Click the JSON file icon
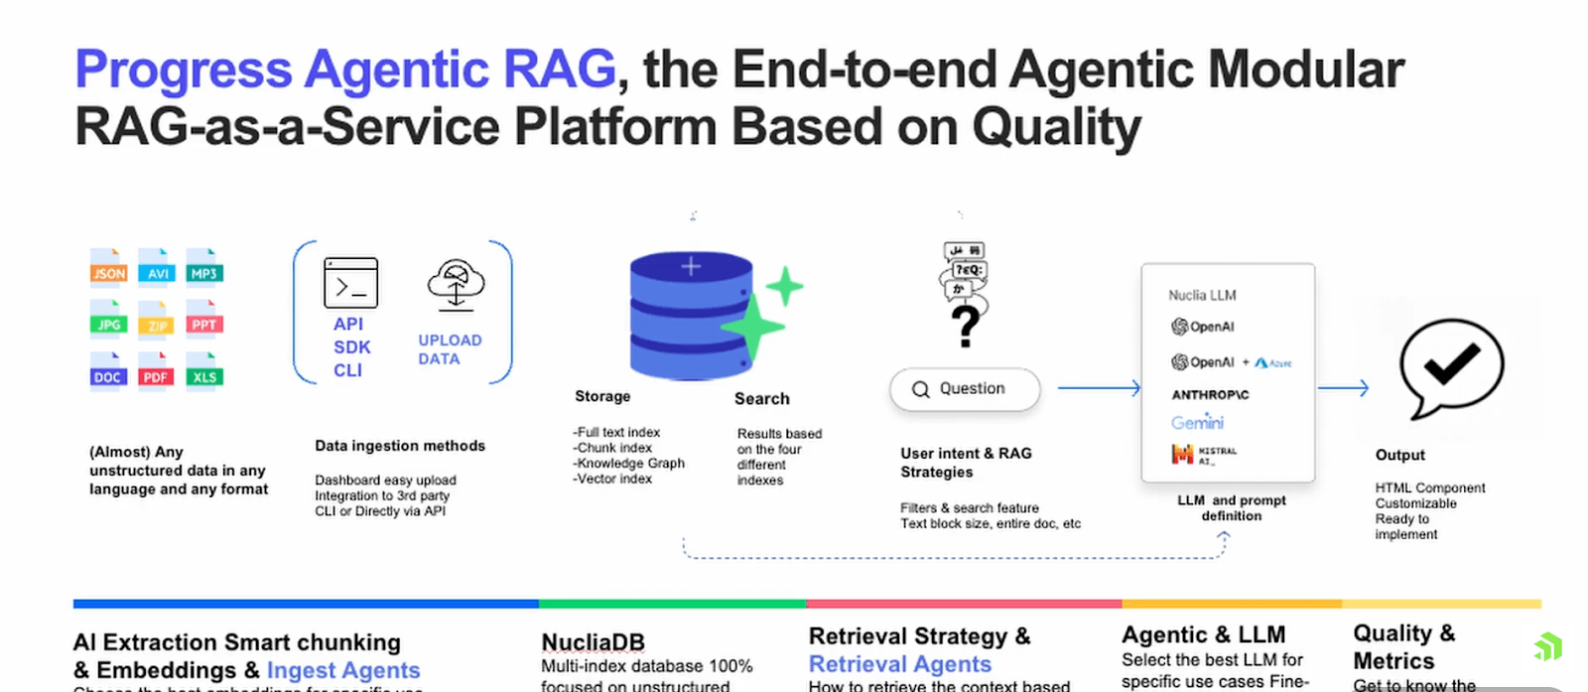pos(108,268)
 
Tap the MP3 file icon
pos(203,268)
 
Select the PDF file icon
pos(156,372)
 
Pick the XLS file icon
pos(203,372)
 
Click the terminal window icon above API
pos(350,283)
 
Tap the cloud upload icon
pos(456,286)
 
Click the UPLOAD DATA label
pos(450,349)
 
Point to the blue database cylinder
pos(692,316)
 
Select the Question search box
pos(965,389)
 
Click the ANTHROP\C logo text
pos(1210,394)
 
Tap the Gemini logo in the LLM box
pos(1197,422)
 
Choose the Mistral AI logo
pos(1204,455)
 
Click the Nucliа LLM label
pos(1202,295)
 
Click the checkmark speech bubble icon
pos(1450,367)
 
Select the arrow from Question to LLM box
pos(1099,388)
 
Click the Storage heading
pos(602,396)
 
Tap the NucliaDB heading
pos(593,642)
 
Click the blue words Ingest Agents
pos(343,670)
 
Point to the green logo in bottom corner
pos(1547,647)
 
